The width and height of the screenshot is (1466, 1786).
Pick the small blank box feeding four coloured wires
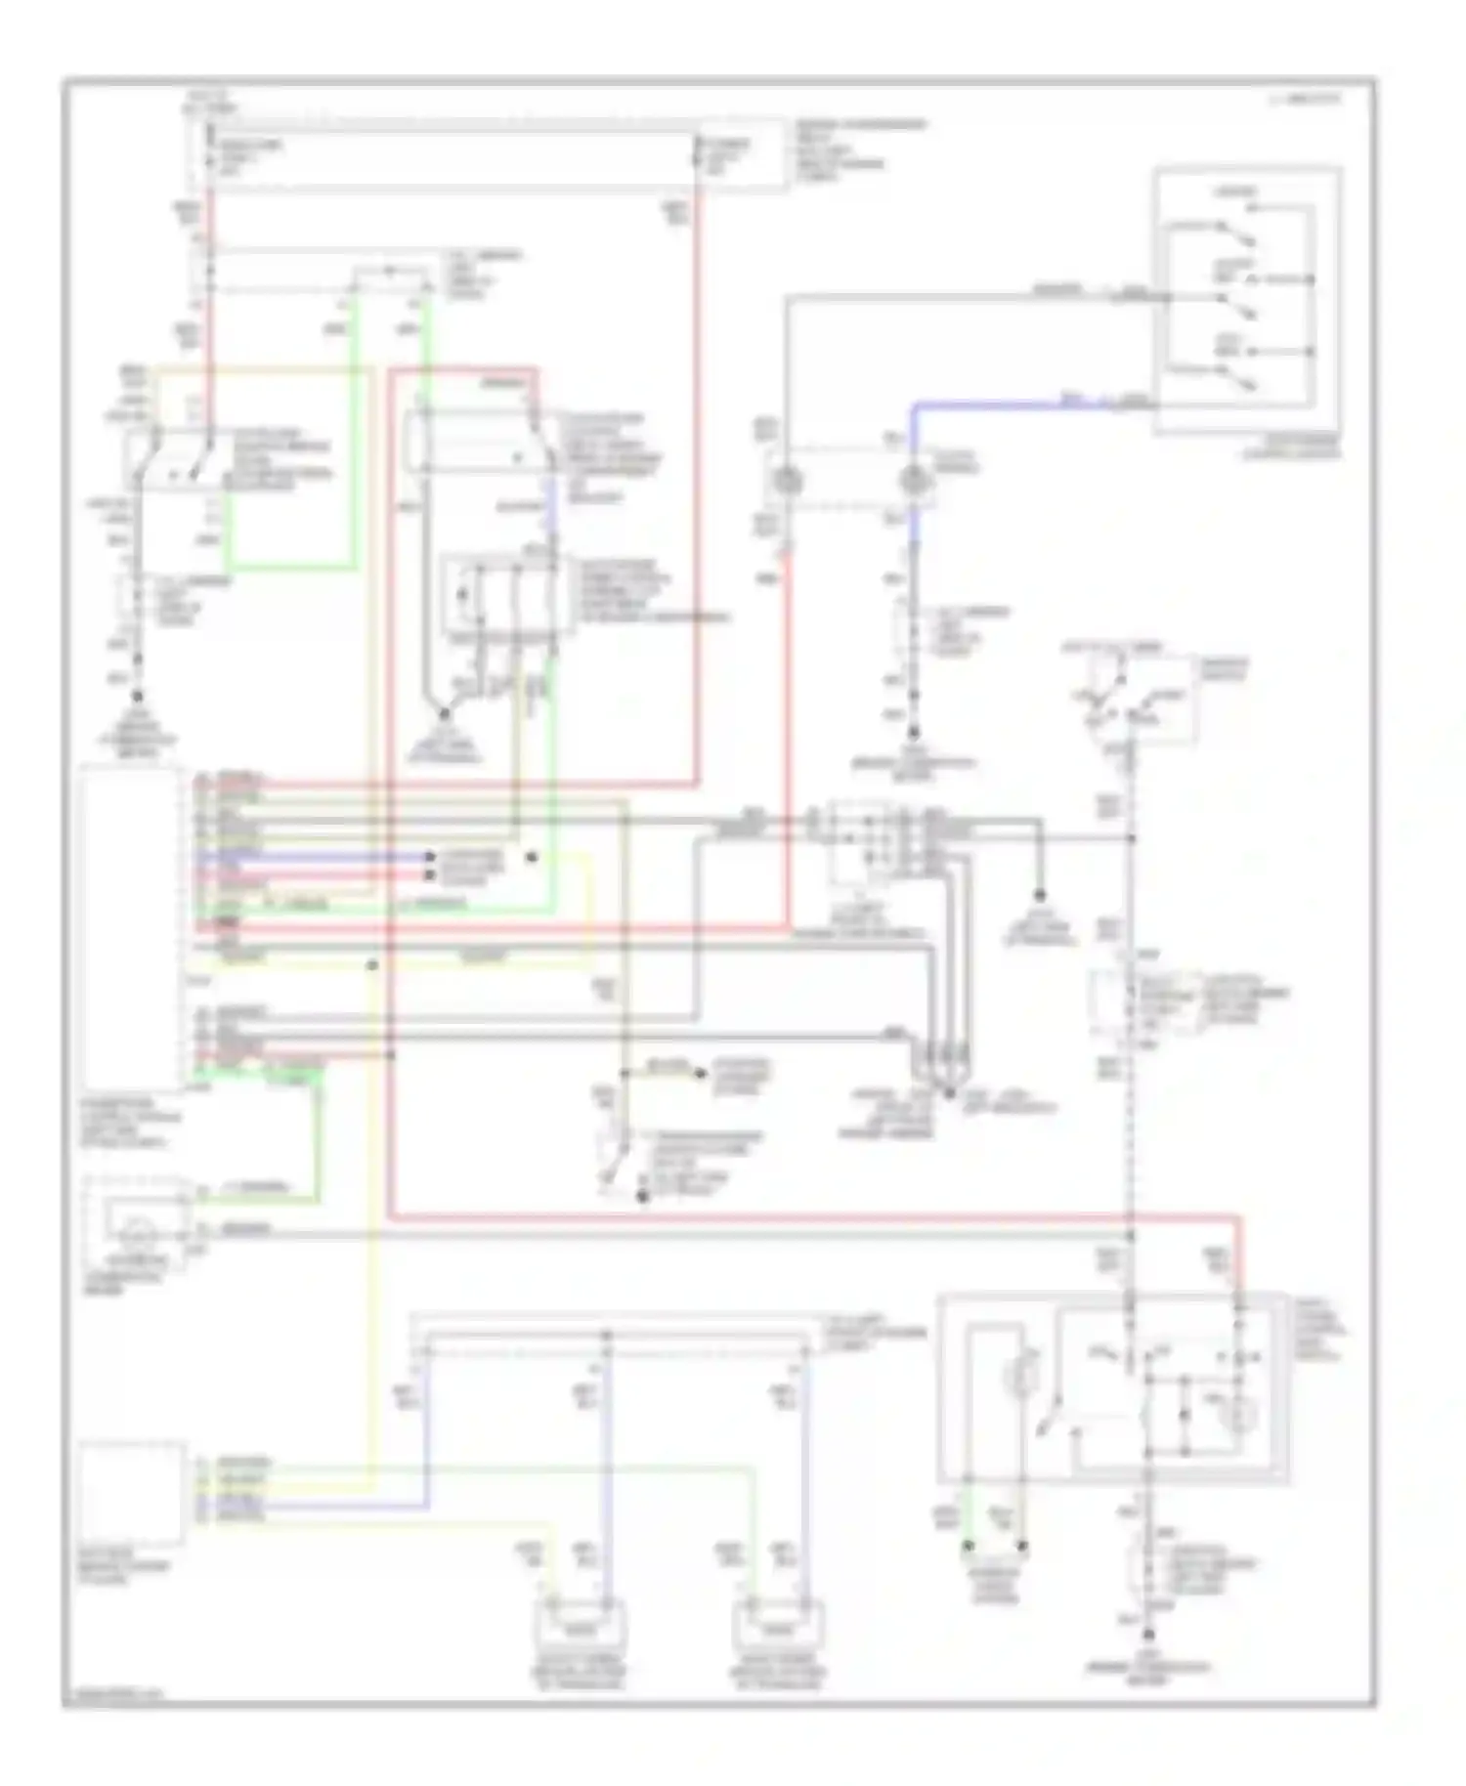click(133, 1492)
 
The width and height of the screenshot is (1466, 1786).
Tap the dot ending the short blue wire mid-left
click(428, 857)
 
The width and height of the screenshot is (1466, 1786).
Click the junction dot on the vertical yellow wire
click(372, 965)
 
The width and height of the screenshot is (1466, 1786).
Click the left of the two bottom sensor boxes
click(579, 1627)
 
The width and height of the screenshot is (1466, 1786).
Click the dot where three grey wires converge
click(948, 1093)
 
